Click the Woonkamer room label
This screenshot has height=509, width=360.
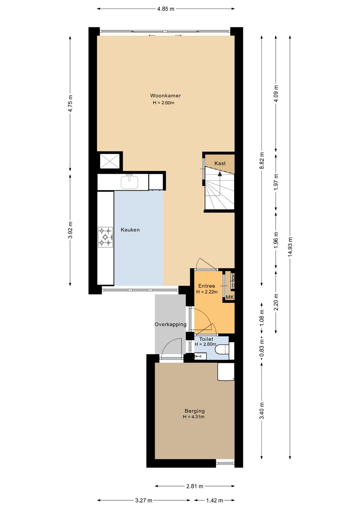(165, 95)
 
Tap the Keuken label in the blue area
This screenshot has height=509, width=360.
(130, 230)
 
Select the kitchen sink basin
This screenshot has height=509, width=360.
(129, 182)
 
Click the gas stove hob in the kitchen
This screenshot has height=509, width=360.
(105, 237)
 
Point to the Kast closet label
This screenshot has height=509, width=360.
(220, 163)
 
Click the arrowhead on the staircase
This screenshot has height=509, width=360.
(220, 173)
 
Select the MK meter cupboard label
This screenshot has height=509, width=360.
(230, 297)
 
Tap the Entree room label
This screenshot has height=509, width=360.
(207, 286)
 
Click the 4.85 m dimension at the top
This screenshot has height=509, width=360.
(166, 9)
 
